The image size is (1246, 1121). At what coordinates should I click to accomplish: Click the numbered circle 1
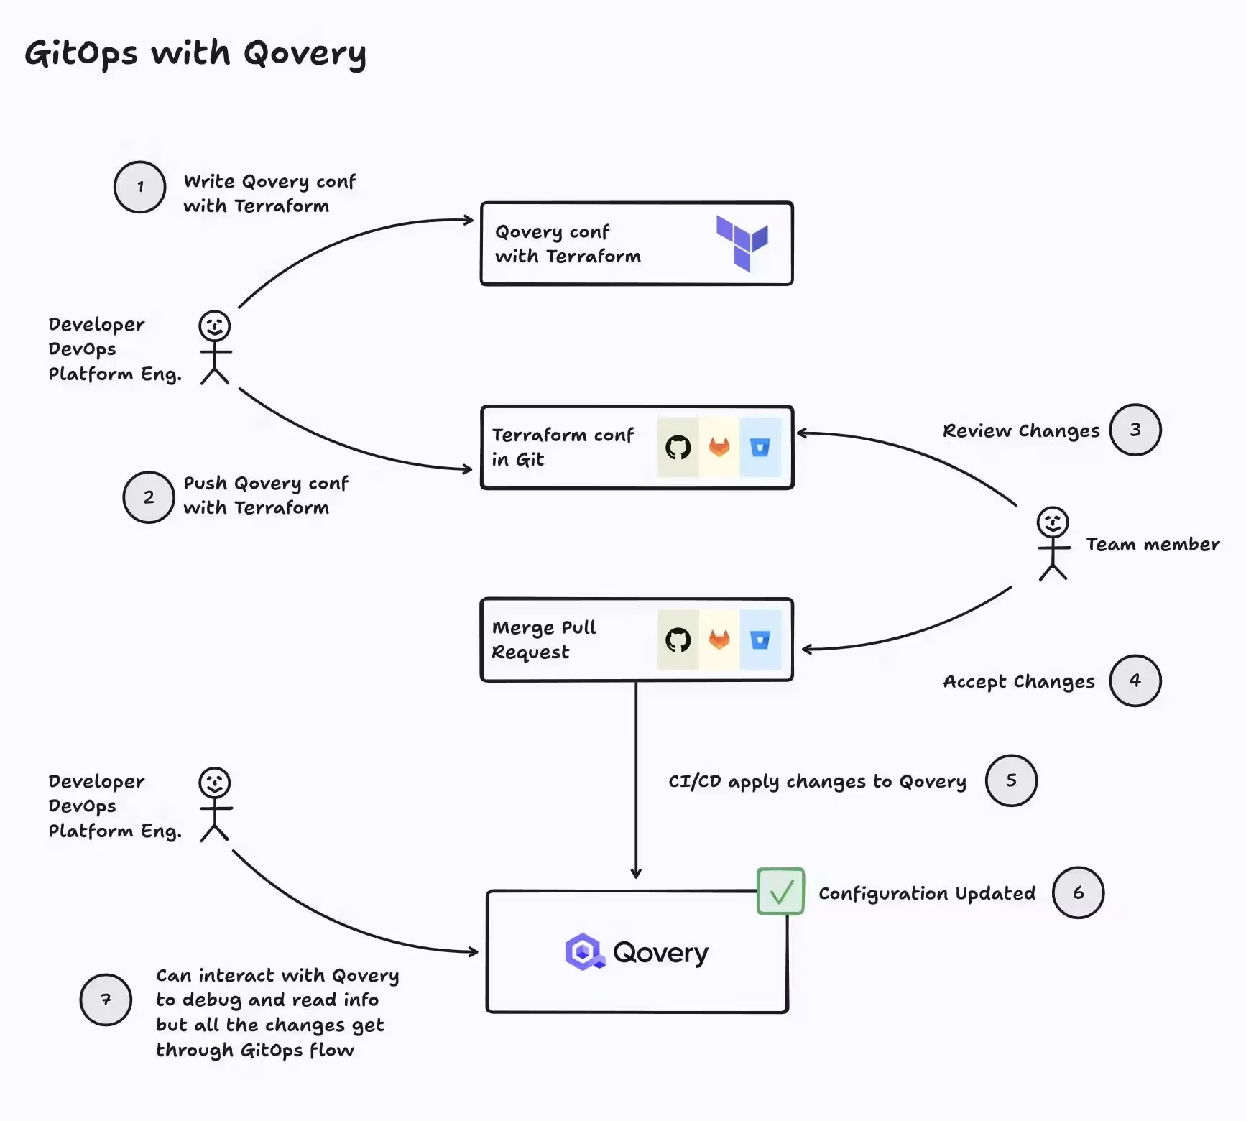(x=140, y=187)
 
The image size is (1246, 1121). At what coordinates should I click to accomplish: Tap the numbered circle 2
(x=149, y=497)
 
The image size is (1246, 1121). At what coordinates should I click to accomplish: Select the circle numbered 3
(x=1135, y=430)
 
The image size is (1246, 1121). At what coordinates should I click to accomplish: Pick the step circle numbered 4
(x=1135, y=681)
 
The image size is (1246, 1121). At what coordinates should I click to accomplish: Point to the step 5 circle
(x=1011, y=780)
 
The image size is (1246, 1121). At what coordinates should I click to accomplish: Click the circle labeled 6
(x=1078, y=892)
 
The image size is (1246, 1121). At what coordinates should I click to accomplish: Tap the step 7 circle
(x=106, y=1000)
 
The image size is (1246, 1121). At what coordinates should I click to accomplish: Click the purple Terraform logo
(x=742, y=243)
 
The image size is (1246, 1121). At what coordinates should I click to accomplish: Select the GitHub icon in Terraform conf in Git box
(x=678, y=448)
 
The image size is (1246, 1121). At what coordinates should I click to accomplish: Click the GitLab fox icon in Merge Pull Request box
(x=719, y=640)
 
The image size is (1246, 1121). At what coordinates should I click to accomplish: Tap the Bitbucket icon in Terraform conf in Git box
(x=760, y=448)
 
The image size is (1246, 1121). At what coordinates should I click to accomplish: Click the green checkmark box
(x=780, y=891)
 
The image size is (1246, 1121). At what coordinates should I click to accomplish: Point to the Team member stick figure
(x=1053, y=544)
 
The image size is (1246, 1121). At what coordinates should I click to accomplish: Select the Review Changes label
(x=1021, y=430)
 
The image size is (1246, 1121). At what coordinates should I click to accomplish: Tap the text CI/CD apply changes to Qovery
(x=817, y=781)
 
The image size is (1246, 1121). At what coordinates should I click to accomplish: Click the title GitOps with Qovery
(x=195, y=53)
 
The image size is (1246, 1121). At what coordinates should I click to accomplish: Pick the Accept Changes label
(x=1019, y=681)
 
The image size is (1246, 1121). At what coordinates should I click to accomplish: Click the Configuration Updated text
(x=927, y=893)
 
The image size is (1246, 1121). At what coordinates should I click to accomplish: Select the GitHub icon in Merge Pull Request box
(x=678, y=640)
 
